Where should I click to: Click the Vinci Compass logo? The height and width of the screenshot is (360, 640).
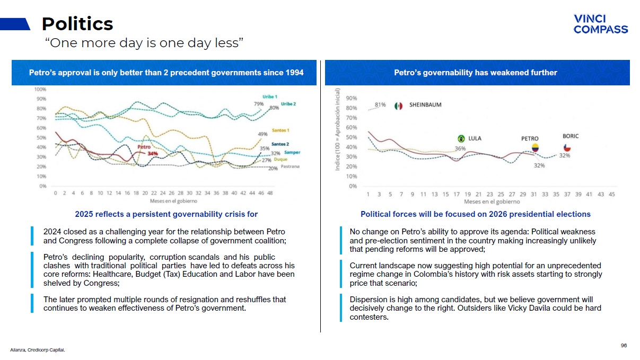pos(600,24)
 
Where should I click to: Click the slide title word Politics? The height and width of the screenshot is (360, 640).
pos(77,24)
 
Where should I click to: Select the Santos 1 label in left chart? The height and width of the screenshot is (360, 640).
pos(280,130)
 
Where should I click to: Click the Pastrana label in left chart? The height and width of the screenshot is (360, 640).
pos(291,167)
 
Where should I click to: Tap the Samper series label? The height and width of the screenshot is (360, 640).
pos(292,153)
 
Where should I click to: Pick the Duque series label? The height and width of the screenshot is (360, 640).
pos(281,160)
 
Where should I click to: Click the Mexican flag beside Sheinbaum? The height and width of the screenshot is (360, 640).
pos(399,106)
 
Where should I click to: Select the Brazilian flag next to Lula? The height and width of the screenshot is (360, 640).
pos(461,138)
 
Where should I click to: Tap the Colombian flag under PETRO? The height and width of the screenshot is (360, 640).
pos(535,148)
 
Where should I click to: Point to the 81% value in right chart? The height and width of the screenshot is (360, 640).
pos(380,104)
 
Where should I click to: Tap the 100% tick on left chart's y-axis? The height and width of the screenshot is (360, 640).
pos(40,89)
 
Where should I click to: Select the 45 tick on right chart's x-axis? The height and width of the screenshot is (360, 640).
pos(611,194)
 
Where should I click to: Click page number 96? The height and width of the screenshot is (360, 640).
pos(624,345)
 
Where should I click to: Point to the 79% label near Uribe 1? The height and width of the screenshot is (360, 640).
pos(258,104)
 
